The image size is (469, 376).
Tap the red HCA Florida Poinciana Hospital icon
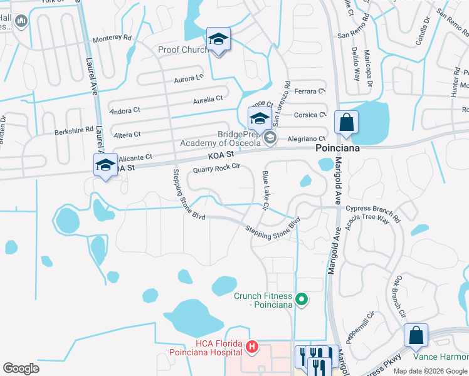(x=251, y=345)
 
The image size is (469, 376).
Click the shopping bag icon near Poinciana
(x=346, y=122)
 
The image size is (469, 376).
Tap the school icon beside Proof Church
(x=218, y=39)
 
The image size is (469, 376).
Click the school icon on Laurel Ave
(x=105, y=165)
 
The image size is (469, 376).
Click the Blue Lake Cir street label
(x=266, y=191)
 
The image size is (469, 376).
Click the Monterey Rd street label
(x=112, y=39)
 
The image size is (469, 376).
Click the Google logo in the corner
(x=21, y=368)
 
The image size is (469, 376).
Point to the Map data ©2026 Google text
(x=430, y=371)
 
